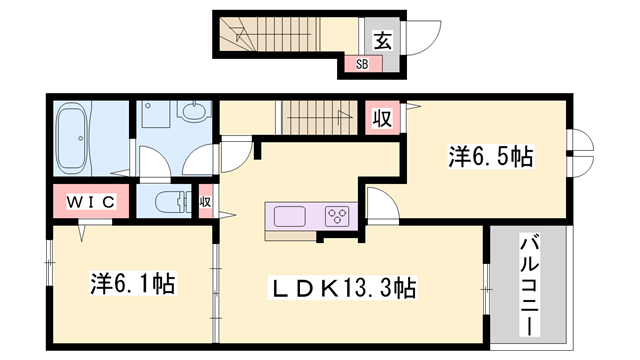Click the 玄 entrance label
[383, 41]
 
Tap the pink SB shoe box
[357, 65]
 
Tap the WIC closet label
[92, 202]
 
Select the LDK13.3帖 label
[345, 289]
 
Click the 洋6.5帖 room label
[490, 156]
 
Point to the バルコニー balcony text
[527, 284]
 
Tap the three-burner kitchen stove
[336, 216]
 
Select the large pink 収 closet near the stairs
[381, 118]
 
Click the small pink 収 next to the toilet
[205, 202]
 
